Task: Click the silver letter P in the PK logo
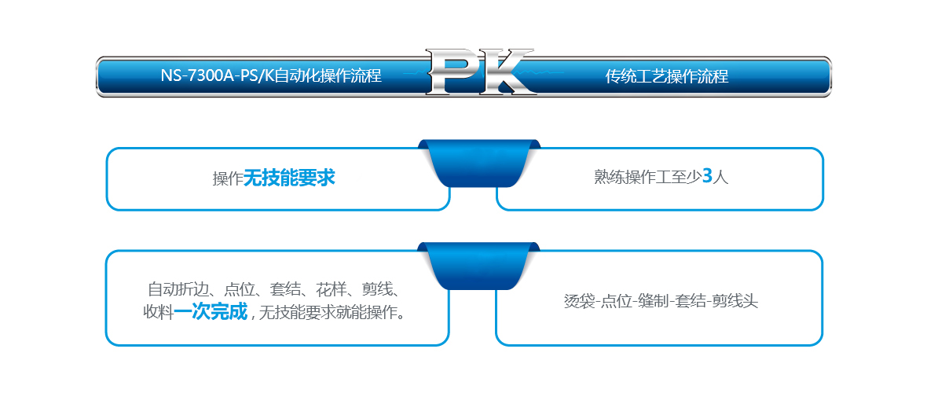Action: pos(455,72)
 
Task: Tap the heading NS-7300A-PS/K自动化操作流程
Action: pos(271,75)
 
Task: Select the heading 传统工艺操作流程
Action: pos(667,76)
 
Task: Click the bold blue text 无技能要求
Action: pos(289,178)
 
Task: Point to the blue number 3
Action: pos(707,176)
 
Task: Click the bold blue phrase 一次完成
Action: pos(211,312)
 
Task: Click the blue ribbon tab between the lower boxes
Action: pos(479,266)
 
